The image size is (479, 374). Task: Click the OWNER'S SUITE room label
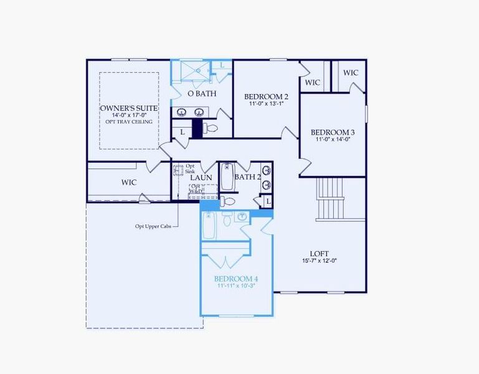pos(128,108)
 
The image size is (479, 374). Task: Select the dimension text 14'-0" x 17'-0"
pos(128,115)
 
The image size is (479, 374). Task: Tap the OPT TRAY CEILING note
pos(128,122)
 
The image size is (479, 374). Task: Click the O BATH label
pos(202,93)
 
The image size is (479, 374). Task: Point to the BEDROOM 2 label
pos(266,97)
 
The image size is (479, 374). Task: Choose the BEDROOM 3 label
pos(333,132)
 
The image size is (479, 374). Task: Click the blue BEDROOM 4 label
pos(236,278)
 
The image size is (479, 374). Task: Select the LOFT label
pos(320,253)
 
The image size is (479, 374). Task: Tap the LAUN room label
pos(201,178)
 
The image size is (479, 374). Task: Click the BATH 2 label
pos(247,177)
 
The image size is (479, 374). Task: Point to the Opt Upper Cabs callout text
pos(153,226)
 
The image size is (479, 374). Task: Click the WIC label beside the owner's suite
pos(129,182)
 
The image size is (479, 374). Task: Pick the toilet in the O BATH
pos(211,128)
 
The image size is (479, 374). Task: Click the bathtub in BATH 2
pos(226,178)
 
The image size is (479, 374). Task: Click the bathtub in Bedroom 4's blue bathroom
pos(210,225)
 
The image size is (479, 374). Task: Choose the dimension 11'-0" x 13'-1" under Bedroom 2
pos(266,103)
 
